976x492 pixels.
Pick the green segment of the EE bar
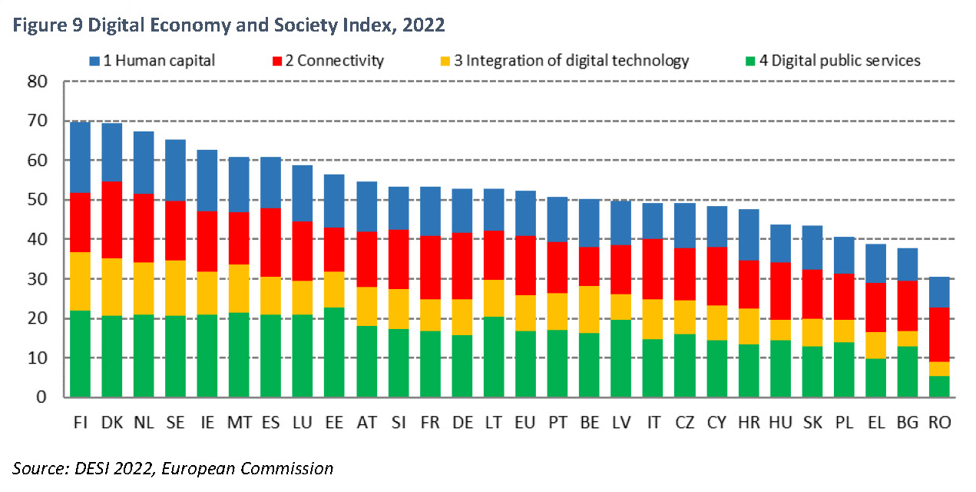[x=334, y=352]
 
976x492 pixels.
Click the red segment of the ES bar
[x=270, y=242]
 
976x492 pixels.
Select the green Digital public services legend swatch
[x=751, y=61]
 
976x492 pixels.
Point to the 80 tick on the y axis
[x=37, y=81]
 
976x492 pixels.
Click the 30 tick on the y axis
[x=37, y=279]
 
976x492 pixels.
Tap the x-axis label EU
[x=525, y=422]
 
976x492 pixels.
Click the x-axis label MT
[x=239, y=422]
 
